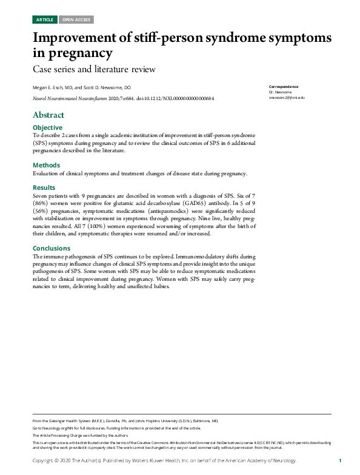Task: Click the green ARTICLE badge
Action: click(x=45, y=19)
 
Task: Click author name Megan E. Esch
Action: click(x=52, y=87)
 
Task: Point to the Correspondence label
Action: click(x=284, y=87)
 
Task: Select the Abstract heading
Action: click(x=48, y=115)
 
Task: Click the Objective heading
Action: click(x=47, y=127)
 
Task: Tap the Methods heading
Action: click(x=46, y=165)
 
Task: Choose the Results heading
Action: click(x=44, y=187)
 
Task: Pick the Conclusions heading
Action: click(x=52, y=248)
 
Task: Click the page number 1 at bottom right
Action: click(x=340, y=461)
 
